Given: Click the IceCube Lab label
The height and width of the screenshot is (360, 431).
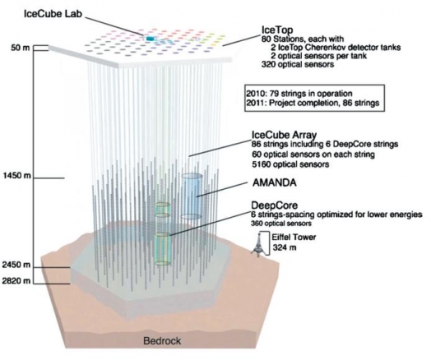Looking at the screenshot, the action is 53,14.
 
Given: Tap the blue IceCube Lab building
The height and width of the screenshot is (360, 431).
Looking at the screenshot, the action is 149,39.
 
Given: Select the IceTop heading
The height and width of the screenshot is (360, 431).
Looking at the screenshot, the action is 277,30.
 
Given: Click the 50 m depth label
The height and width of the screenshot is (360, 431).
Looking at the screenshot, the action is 20,48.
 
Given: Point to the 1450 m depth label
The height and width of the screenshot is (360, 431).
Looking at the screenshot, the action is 17,175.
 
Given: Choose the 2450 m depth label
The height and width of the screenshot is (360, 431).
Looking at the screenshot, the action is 16,265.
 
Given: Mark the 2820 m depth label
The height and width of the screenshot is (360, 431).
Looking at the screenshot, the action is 16,281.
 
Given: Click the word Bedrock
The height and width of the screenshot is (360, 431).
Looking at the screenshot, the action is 162,341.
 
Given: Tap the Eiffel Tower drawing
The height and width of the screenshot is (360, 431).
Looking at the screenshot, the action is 257,245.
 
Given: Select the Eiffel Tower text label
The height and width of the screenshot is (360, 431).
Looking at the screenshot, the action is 294,237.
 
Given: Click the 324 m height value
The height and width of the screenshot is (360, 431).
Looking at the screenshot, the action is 285,247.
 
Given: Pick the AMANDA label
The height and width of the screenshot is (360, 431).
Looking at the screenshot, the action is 275,182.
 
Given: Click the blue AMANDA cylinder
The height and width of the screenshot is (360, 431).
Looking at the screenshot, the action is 192,196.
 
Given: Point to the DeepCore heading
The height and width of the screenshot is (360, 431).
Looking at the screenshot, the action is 275,205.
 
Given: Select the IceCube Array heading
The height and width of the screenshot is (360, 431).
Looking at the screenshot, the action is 285,135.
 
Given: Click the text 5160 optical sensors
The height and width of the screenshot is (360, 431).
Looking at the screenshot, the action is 290,164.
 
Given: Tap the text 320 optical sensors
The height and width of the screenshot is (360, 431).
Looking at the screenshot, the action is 298,64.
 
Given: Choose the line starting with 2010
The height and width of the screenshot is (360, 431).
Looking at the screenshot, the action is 299,94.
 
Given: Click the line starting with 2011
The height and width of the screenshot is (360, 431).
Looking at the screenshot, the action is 313,103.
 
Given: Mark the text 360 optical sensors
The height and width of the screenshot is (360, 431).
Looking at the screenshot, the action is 281,224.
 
